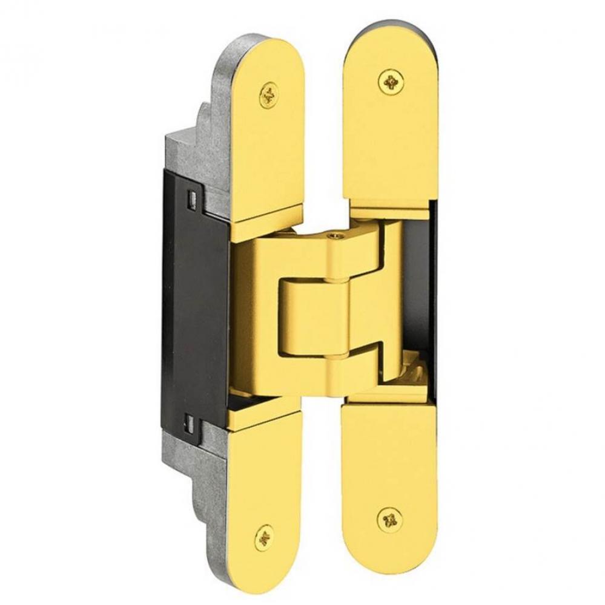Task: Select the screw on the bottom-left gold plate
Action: tap(263, 536)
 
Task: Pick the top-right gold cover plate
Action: tap(391, 133)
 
